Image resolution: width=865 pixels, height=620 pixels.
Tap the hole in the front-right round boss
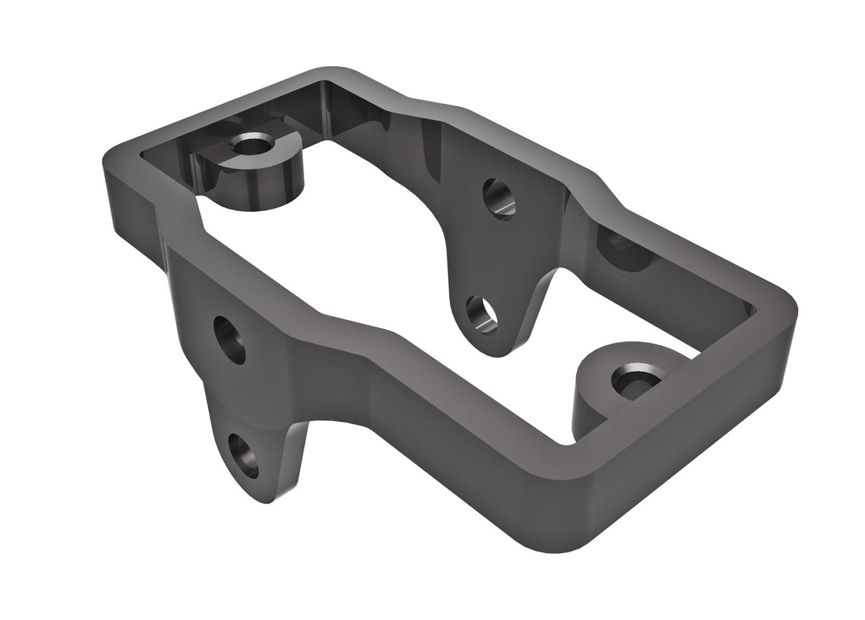pos(634,378)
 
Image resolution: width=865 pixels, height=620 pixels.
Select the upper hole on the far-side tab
pos(499,199)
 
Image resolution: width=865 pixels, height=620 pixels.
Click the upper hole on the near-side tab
pos(229,340)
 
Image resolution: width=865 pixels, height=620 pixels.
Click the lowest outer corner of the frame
pos(563,545)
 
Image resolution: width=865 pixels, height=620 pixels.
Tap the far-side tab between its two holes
pos(492,257)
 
